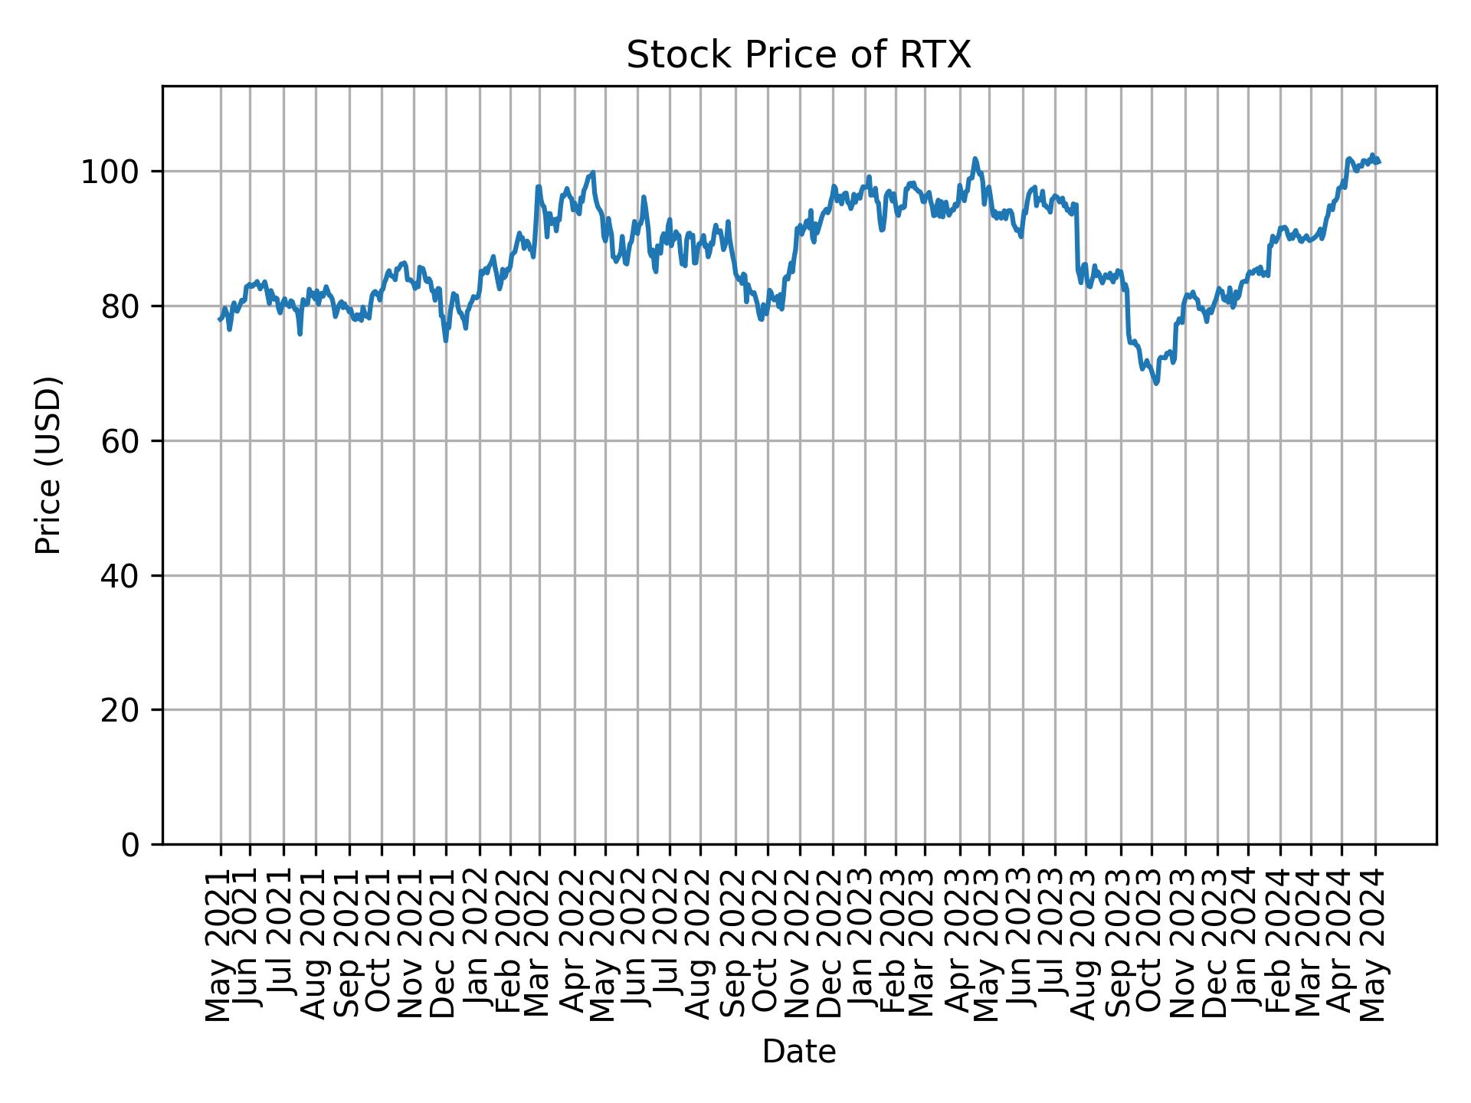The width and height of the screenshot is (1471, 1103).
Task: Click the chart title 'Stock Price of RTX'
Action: tap(798, 56)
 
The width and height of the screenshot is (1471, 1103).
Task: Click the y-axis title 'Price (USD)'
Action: tap(48, 465)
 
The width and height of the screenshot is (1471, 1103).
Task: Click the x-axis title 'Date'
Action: tap(798, 1052)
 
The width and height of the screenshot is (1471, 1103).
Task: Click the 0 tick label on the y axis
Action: tap(130, 846)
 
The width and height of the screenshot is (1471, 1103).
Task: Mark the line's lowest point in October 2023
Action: tap(1156, 383)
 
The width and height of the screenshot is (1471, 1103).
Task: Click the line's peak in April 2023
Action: tap(975, 159)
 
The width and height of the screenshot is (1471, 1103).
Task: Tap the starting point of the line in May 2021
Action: tap(220, 319)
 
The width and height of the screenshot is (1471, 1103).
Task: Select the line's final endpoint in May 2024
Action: tap(1379, 162)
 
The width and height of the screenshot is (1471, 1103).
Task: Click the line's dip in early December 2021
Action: tap(445, 340)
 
